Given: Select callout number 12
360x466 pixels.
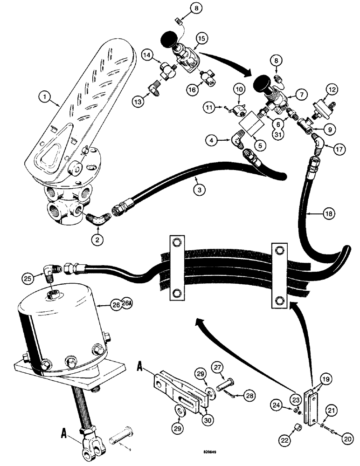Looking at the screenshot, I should click(x=331, y=89).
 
